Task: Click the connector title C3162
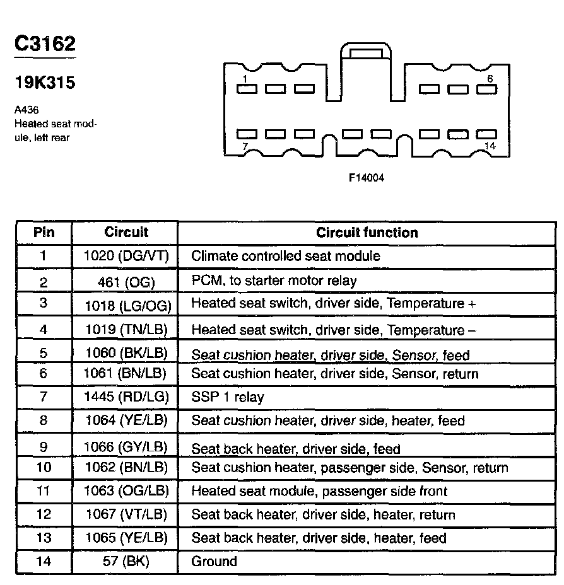coord(45,43)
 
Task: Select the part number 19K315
coord(45,83)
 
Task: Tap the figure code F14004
coord(367,178)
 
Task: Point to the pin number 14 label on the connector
coord(488,146)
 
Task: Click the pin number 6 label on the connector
coord(490,79)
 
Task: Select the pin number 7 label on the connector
coord(245,146)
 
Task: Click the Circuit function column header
coord(367,233)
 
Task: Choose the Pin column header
coord(44,232)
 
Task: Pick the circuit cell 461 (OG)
coord(125,281)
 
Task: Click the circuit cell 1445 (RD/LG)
coord(125,397)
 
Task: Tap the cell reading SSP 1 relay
coord(227,397)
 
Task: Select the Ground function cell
coord(214,561)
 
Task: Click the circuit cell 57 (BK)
coord(125,561)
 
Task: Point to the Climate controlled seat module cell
coord(285,256)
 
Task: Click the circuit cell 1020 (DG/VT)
coord(125,256)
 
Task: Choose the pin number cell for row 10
coord(44,468)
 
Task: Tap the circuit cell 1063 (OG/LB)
coord(125,491)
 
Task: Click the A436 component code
coord(26,110)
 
